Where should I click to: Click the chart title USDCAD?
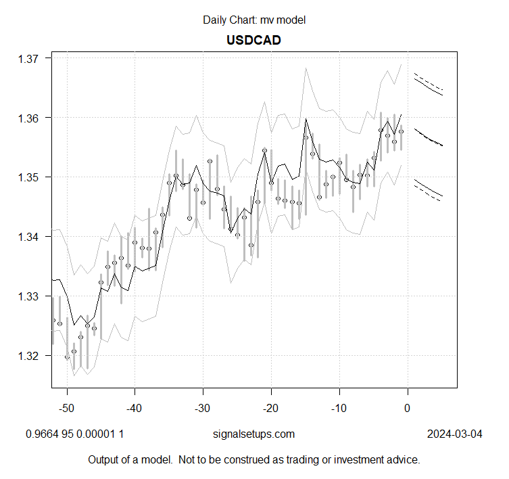coord(253,40)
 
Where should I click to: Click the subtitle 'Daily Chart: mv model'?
coord(254,20)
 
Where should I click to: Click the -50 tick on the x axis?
coord(66,408)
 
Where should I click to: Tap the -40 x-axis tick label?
coord(135,408)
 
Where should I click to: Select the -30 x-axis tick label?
coord(203,408)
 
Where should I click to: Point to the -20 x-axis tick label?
coord(271,408)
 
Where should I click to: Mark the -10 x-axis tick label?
coord(339,408)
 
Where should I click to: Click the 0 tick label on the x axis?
coord(407,408)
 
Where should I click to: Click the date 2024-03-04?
coord(455,434)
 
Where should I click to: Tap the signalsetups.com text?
coord(254,434)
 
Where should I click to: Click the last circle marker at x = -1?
coord(401,132)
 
